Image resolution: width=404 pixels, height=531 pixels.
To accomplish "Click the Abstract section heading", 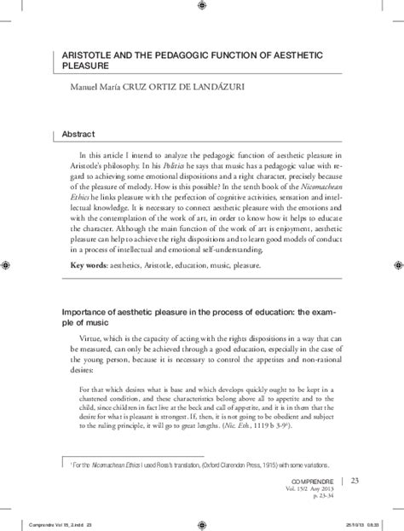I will tap(79, 135).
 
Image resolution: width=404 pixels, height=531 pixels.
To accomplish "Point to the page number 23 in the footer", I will tap(355, 482).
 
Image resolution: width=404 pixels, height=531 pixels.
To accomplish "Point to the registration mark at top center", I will tap(202, 7).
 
